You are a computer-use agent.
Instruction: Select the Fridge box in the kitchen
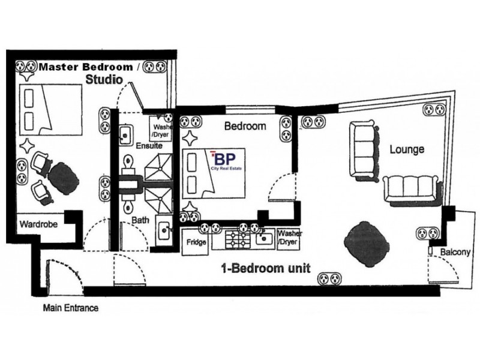tap(197, 242)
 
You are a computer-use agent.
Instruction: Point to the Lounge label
tap(407, 148)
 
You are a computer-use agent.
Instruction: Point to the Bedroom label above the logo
tap(244, 127)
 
